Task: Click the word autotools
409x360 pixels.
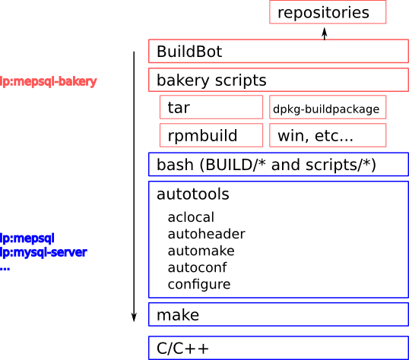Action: [x=193, y=194]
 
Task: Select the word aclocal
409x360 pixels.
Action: [x=191, y=217]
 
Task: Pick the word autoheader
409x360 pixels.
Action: [x=206, y=234]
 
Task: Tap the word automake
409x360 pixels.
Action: [x=201, y=251]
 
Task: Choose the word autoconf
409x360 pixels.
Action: [x=197, y=267]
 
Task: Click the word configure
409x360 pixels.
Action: [x=199, y=285]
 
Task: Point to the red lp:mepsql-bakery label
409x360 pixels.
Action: [x=49, y=81]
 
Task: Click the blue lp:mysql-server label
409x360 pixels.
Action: [x=43, y=253]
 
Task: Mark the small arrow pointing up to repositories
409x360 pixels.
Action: [x=325, y=33]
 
